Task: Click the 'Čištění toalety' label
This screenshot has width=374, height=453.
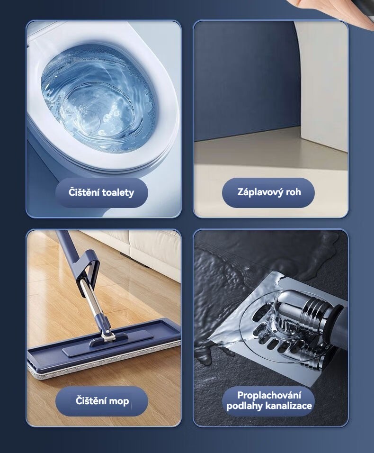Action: click(x=102, y=192)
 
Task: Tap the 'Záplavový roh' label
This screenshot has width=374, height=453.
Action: click(x=268, y=192)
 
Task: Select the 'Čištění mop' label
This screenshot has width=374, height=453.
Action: click(x=102, y=401)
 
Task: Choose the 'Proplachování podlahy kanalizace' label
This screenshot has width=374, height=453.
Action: click(x=268, y=401)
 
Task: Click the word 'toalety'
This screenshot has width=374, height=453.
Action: click(x=118, y=193)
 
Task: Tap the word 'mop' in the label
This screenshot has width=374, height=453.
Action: click(x=119, y=401)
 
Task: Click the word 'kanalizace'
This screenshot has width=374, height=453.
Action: click(x=289, y=406)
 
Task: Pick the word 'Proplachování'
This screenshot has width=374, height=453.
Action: click(x=269, y=395)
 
